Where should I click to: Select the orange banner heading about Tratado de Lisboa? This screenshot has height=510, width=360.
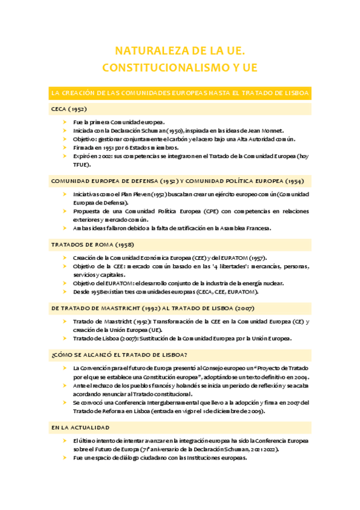[180, 93]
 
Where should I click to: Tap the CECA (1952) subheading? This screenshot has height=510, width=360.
[70, 109]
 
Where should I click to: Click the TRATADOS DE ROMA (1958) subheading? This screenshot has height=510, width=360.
[93, 245]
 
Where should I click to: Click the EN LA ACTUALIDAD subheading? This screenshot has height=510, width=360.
[81, 428]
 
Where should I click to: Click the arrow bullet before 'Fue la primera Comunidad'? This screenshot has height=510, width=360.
[65, 122]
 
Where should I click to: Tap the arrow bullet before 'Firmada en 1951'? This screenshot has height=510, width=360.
[65, 147]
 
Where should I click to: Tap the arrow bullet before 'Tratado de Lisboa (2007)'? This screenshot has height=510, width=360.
[65, 338]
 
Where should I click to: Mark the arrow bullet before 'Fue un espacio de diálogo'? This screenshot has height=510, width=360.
[65, 458]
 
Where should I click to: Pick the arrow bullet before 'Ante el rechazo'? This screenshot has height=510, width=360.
[65, 386]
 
